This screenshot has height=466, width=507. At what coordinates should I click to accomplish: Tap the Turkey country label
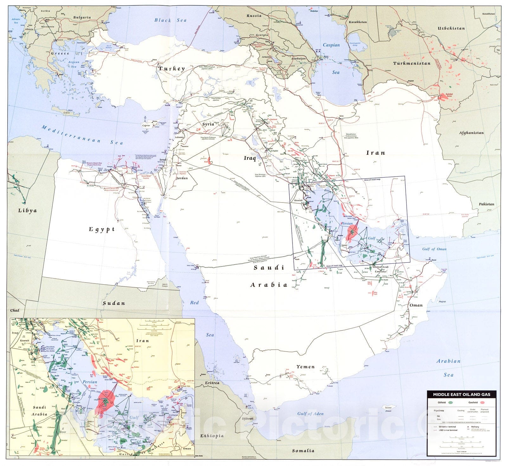[x=171, y=69]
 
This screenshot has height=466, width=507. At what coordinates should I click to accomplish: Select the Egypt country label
[x=101, y=229]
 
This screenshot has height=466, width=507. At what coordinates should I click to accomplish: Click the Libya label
[x=27, y=210]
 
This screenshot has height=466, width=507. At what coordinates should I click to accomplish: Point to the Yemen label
[x=305, y=367]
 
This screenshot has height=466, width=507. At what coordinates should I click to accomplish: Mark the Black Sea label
[x=170, y=20]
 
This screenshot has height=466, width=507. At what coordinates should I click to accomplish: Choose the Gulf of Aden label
[x=310, y=413]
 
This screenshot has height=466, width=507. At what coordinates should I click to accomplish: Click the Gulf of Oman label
[x=434, y=249]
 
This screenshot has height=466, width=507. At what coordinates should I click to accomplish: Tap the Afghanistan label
[x=472, y=133]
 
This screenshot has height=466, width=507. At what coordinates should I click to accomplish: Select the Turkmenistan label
[x=412, y=63]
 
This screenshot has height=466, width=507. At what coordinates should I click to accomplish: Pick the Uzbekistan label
[x=451, y=28]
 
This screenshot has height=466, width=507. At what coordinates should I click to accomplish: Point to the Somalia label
[x=303, y=450]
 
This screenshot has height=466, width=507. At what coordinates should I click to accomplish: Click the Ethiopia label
[x=212, y=436]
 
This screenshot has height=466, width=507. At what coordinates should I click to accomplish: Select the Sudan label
[x=114, y=303]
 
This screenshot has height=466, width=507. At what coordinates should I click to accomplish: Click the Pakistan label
[x=486, y=204]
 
